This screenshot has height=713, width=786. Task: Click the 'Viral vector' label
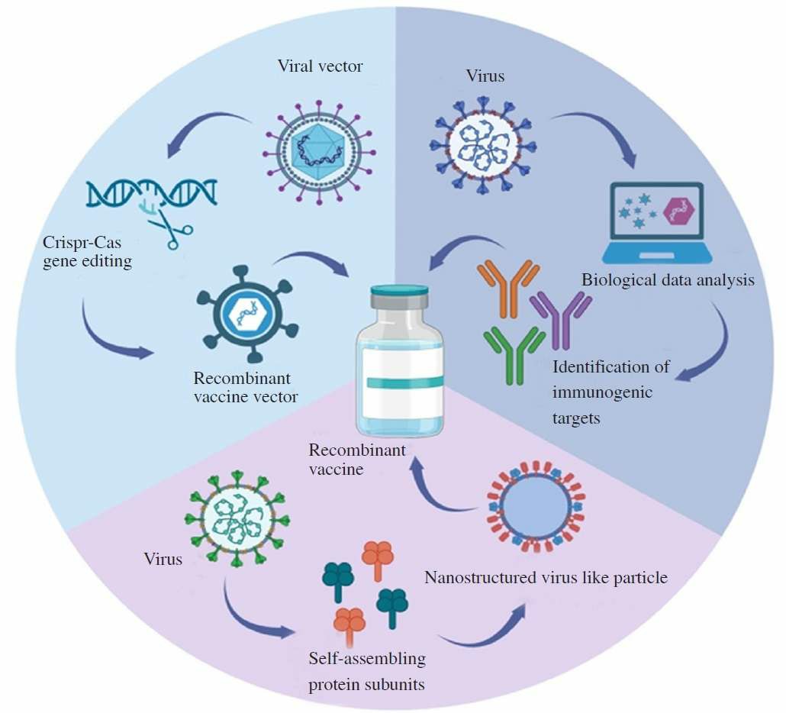pos(320,66)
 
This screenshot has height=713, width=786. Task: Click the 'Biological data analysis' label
pos(668,280)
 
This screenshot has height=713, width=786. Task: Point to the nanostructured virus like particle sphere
pos(534,508)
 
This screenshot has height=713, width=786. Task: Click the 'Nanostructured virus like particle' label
pos(546,578)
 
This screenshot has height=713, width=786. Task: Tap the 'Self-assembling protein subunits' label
pos(367,670)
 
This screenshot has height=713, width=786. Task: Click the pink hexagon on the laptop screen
pos(678,211)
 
